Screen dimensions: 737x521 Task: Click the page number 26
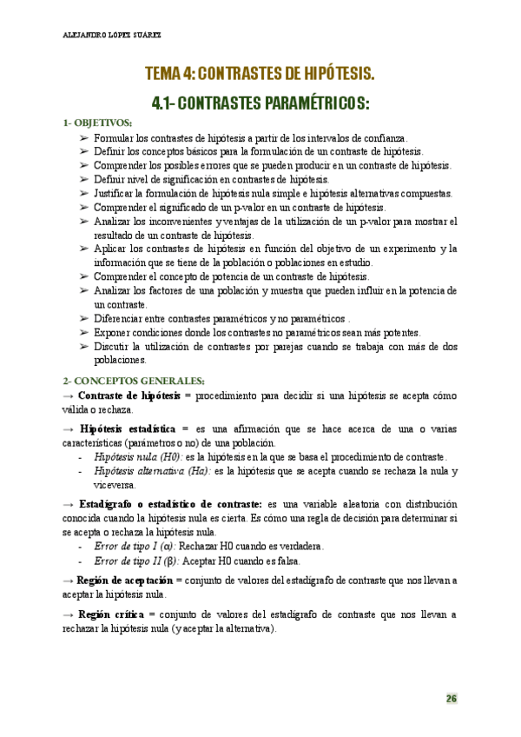(452, 698)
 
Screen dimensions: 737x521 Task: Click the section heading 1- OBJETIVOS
(98, 123)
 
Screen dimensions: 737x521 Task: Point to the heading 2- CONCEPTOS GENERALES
(133, 380)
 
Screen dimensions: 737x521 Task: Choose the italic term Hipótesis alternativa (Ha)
(150, 470)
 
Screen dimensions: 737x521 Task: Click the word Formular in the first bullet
(112, 138)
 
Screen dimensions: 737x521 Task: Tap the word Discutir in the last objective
(112, 346)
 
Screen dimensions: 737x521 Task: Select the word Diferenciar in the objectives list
(120, 318)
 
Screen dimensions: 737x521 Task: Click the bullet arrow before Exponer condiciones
(83, 332)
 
